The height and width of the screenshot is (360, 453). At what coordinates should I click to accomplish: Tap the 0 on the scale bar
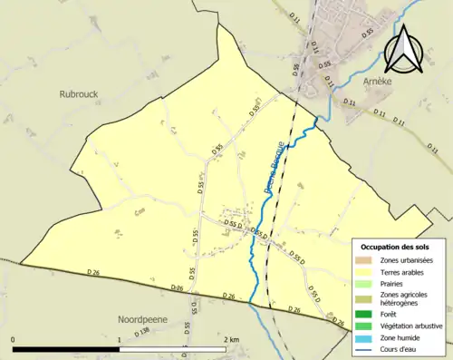[13, 339]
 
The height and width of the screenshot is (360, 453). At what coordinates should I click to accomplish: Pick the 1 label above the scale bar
[120, 339]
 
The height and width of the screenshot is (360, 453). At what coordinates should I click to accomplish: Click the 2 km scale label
[231, 339]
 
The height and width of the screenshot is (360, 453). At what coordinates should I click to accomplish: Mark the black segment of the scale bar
[66, 349]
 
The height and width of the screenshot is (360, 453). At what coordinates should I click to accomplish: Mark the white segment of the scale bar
[172, 349]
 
